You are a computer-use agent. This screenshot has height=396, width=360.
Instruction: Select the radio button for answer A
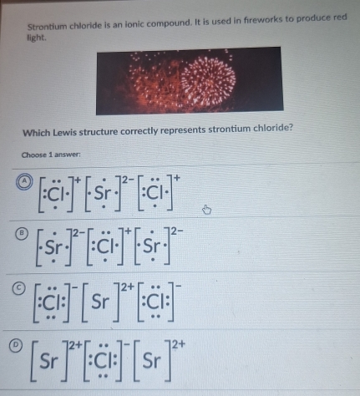[x=24, y=181]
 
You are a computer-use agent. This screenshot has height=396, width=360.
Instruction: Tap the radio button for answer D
[x=16, y=345]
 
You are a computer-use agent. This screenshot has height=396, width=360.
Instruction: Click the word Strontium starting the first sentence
[x=47, y=27]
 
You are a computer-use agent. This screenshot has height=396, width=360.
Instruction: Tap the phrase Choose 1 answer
[x=51, y=155]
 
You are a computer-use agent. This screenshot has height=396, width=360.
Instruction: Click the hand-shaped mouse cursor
[x=206, y=210]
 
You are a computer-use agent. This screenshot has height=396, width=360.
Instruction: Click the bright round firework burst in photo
[x=208, y=80]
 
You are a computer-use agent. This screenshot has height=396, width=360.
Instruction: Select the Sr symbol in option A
[x=103, y=193]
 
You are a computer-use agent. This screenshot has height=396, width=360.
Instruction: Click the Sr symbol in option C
[x=100, y=302]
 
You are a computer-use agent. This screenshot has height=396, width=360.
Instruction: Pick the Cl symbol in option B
[x=105, y=246]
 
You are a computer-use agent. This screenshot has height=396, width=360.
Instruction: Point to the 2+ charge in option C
[x=127, y=287]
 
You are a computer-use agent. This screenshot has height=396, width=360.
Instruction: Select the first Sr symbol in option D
[x=49, y=361]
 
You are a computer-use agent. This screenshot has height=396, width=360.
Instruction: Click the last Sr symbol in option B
[x=152, y=246]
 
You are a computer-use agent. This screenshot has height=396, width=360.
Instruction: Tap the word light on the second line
[x=36, y=38]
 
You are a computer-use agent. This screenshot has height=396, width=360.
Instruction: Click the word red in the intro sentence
[x=340, y=18]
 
